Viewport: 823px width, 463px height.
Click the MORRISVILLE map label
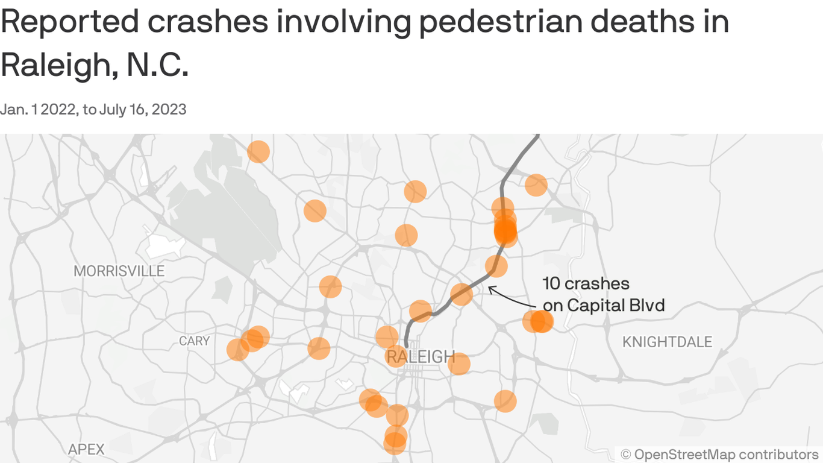[119, 271]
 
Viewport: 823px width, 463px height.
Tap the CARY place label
[194, 341]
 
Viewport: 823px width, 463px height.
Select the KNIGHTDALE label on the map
[667, 342]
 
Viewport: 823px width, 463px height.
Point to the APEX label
[86, 449]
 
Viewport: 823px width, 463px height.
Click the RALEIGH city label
[420, 357]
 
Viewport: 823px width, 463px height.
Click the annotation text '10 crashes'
[586, 284]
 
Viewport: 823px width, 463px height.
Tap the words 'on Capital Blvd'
[604, 306]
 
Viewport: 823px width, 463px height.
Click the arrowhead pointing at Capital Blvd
[490, 289]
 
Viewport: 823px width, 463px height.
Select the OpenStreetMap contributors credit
[719, 454]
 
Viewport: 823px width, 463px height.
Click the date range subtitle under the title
[93, 109]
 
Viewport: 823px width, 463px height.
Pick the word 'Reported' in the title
[67, 22]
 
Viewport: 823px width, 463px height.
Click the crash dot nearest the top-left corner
[258, 151]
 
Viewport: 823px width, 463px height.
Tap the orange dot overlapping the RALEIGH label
[396, 356]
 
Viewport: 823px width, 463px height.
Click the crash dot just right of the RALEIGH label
[458, 364]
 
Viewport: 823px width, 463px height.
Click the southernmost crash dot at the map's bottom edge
[395, 444]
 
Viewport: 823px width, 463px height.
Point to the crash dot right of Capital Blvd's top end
[536, 185]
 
